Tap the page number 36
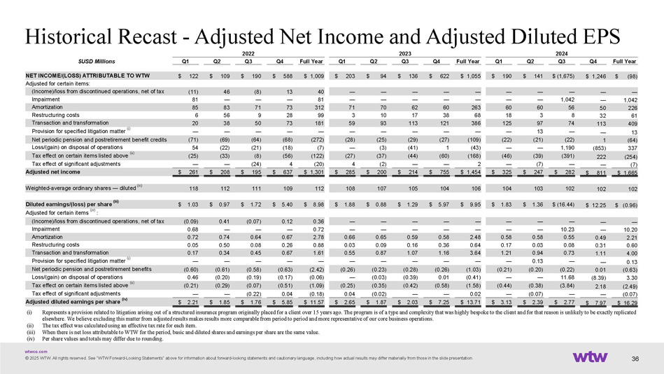coord(636,360)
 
